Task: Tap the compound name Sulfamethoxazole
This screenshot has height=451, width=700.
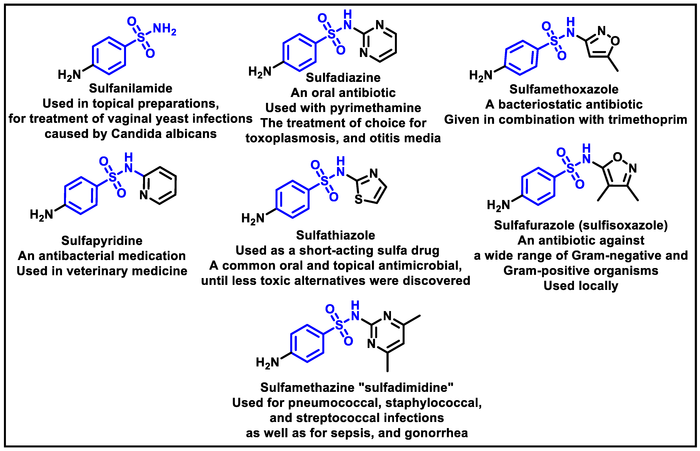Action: [564, 89]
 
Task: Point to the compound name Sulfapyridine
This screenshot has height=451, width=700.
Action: [102, 241]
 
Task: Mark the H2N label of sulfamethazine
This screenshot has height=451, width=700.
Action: [267, 362]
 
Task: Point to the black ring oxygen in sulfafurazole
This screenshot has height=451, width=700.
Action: [617, 157]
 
